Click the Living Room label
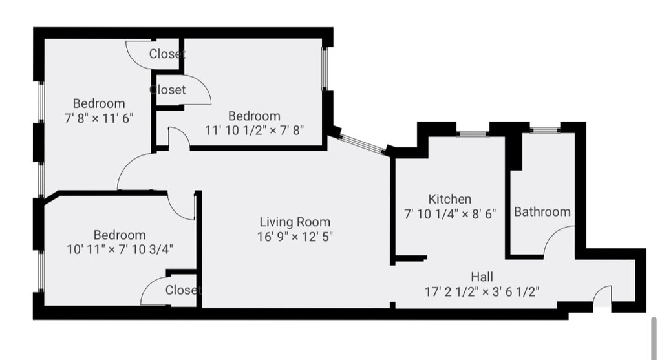coord(295,222)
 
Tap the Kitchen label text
coord(450,199)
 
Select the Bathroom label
coord(542,211)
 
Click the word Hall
coord(482,277)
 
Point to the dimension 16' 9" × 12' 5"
coord(295,237)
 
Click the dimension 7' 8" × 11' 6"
coord(99,118)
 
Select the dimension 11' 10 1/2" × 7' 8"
coord(255,130)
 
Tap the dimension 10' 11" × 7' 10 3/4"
coord(120,249)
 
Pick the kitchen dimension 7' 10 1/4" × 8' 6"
coord(450,214)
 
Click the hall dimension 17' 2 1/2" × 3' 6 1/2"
coord(482,291)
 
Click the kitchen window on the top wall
coord(473,134)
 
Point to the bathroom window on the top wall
coord(545,130)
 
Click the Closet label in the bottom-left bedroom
coord(183,290)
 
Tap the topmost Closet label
coord(167,54)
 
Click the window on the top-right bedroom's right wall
coord(325,69)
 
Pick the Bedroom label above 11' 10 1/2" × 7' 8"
coord(254,116)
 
